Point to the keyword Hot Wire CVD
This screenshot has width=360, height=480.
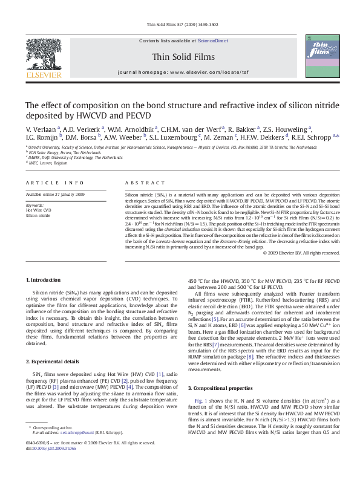38,210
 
